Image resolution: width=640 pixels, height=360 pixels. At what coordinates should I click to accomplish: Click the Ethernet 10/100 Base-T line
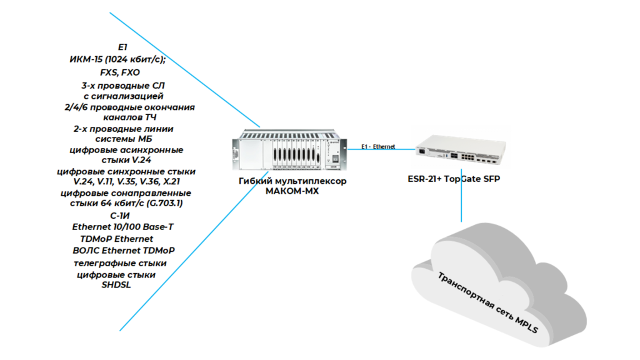pyautogui.click(x=123, y=227)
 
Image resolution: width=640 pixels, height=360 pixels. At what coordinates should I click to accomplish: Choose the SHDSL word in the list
pyautogui.click(x=116, y=285)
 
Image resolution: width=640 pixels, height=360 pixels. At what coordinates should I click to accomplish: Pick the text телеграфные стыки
pyautogui.click(x=121, y=262)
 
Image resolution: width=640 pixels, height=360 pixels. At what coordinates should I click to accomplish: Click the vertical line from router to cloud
pyautogui.click(x=462, y=200)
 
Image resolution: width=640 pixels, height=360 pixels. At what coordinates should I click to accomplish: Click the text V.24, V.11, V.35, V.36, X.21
pyautogui.click(x=127, y=181)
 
